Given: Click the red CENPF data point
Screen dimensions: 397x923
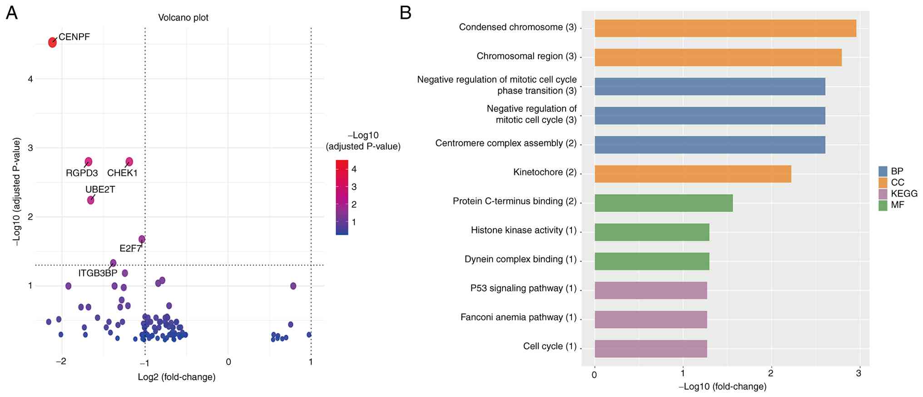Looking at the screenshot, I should [53, 42].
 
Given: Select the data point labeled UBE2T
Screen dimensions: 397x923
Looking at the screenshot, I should [91, 200].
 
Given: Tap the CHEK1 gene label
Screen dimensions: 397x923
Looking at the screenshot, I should [122, 173].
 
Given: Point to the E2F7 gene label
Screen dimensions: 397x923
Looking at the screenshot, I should [130, 248].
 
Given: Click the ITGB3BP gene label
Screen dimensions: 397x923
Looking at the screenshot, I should [98, 273].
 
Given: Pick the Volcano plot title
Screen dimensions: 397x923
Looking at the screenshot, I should [183, 18].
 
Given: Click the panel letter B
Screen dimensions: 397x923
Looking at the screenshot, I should [405, 13].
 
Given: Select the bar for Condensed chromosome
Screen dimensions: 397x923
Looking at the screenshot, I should [725, 28].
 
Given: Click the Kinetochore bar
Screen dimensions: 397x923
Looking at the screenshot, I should [693, 174].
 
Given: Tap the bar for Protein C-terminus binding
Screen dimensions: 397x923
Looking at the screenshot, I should [663, 203].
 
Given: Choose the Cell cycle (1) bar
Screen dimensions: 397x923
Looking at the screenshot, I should [650, 348].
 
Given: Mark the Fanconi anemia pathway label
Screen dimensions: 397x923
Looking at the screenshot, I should [518, 317].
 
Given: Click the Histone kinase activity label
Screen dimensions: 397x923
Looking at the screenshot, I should [523, 231].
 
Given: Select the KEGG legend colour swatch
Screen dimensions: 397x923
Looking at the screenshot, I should [883, 194].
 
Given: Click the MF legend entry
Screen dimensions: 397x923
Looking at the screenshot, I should [897, 205].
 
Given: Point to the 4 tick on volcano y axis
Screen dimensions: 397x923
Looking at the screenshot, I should [30, 79].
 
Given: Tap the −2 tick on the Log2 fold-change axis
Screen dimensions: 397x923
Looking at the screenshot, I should [61, 362].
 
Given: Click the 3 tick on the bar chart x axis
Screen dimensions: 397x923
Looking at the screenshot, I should [858, 374].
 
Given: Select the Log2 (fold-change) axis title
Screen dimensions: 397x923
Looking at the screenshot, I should [176, 377].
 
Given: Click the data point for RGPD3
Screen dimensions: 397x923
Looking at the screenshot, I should [89, 162].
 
